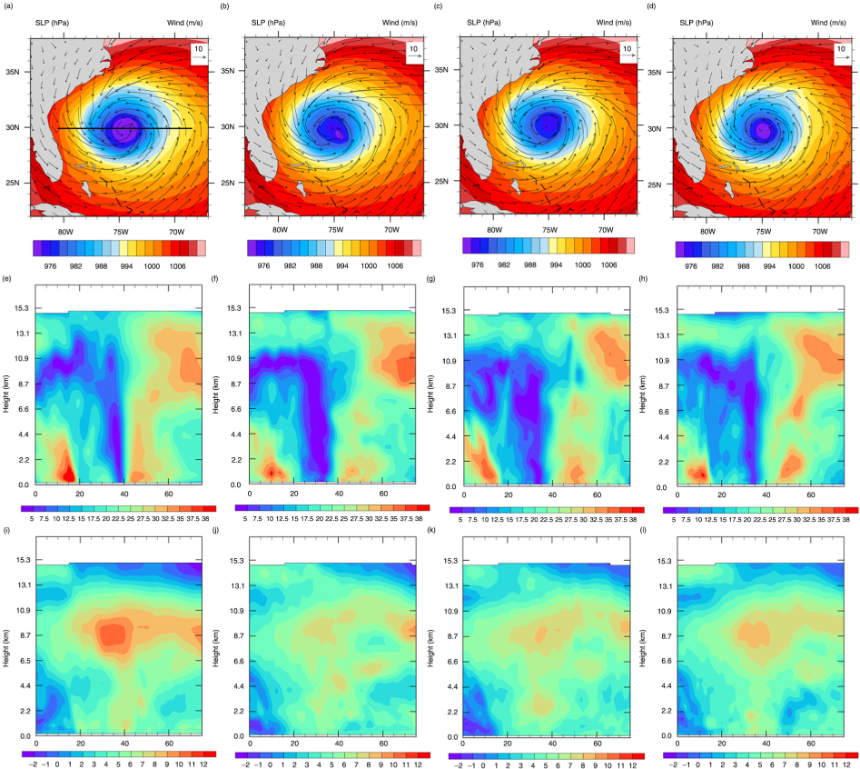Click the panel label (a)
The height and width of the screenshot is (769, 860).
[7, 6]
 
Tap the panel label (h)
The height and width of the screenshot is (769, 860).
[643, 279]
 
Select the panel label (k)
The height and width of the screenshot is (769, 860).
[431, 532]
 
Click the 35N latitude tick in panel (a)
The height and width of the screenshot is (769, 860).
[12, 72]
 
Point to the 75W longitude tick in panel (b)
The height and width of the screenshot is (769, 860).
[336, 230]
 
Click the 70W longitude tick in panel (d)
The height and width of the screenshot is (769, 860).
[819, 232]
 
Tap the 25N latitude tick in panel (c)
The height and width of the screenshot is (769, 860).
[441, 181]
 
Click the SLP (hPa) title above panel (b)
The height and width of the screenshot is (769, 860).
[268, 23]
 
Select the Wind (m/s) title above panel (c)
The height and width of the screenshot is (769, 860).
[614, 23]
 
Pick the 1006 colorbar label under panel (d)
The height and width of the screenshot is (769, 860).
[822, 266]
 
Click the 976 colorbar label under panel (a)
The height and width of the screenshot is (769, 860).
[50, 266]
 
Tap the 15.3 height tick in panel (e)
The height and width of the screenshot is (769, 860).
[22, 308]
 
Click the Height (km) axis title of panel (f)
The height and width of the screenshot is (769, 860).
[215, 394]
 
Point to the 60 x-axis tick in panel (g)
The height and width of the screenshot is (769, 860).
[597, 494]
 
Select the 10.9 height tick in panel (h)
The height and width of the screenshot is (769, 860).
[663, 361]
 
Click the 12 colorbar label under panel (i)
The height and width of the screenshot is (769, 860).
[203, 764]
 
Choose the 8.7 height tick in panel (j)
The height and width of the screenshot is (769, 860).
[237, 635]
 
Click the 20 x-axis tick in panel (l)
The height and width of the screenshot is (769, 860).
[722, 744]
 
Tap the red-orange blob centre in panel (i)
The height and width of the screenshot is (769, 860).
[115, 634]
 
